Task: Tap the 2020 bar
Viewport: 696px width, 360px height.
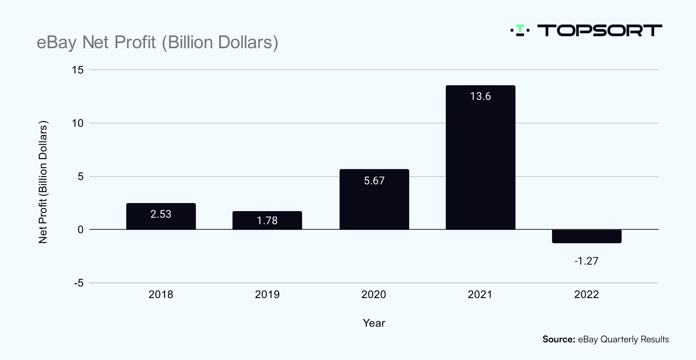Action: coord(374,204)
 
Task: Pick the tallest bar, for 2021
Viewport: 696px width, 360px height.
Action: coord(481,160)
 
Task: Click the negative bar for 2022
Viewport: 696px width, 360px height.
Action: coord(587,236)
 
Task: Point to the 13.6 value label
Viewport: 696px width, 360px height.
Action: coord(481,97)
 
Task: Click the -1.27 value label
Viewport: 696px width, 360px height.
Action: coord(586,261)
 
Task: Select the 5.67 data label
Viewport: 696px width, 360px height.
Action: coord(374,181)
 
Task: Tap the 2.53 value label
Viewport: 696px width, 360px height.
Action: coord(161,214)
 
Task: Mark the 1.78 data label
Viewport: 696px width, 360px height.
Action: coord(267,221)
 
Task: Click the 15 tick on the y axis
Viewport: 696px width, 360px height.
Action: coord(78,70)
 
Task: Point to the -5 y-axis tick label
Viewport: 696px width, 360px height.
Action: coord(79,283)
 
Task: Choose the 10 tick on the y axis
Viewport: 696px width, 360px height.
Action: coord(78,123)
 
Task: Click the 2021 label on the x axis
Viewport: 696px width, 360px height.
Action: coord(480,294)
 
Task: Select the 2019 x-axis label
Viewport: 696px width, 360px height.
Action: coord(267,294)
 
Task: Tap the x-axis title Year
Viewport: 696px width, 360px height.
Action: coord(374,323)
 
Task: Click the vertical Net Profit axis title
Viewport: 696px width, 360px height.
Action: coord(43,182)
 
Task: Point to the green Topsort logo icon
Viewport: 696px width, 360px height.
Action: coord(520,30)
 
